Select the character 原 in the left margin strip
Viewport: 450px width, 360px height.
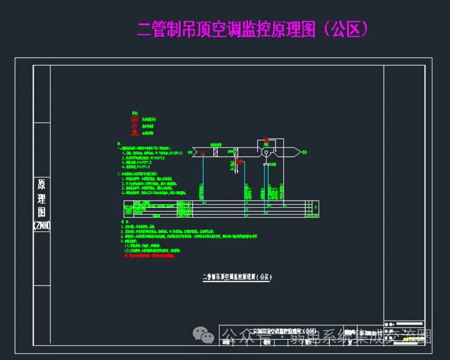(42, 185)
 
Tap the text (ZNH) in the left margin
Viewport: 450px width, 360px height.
(42, 225)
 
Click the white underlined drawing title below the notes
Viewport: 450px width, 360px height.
(238, 277)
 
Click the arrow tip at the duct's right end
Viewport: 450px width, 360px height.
(299, 153)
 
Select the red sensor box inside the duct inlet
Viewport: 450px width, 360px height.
(203, 153)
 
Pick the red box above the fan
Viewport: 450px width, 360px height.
(266, 140)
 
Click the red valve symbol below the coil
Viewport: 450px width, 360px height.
(239, 162)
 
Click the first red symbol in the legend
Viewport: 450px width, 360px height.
(134, 119)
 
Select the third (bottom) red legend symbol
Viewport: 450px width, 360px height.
(134, 133)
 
